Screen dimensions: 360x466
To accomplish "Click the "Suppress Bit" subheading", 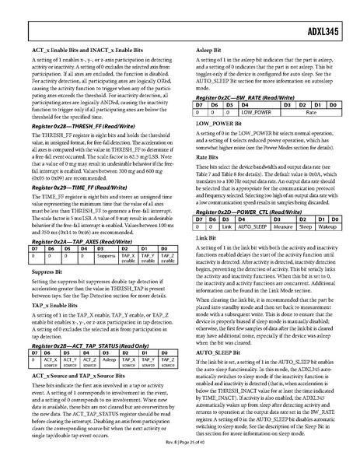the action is pyautogui.click(x=47, y=273).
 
